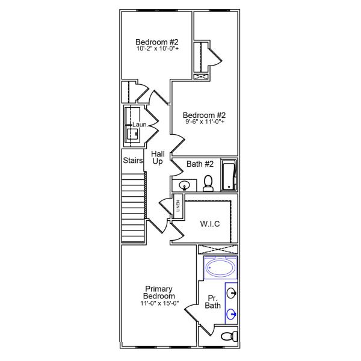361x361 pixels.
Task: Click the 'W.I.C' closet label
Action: pyautogui.click(x=209, y=224)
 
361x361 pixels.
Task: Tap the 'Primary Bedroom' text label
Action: pyautogui.click(x=159, y=292)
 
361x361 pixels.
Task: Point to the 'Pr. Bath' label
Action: pyautogui.click(x=213, y=302)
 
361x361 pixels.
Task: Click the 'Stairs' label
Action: pyautogui.click(x=132, y=161)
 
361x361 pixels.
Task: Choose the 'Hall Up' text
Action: pyautogui.click(x=158, y=158)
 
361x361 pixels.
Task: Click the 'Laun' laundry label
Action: pyautogui.click(x=139, y=125)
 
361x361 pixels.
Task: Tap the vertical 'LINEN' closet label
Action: pyautogui.click(x=177, y=206)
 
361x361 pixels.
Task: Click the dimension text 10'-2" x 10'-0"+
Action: pyautogui.click(x=156, y=49)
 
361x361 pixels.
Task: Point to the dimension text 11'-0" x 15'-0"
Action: pyautogui.click(x=159, y=303)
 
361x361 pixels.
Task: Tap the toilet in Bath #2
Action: pyautogui.click(x=208, y=183)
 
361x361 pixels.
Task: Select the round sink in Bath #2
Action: pyautogui.click(x=184, y=185)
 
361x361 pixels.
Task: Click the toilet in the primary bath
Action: pyautogui.click(x=228, y=336)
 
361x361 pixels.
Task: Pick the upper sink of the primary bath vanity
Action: pyautogui.click(x=232, y=294)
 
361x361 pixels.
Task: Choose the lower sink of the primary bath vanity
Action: pyautogui.click(x=232, y=313)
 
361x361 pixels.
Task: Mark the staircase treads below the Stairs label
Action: pyautogui.click(x=133, y=208)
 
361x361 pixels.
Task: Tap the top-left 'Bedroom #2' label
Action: pyautogui.click(x=156, y=42)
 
